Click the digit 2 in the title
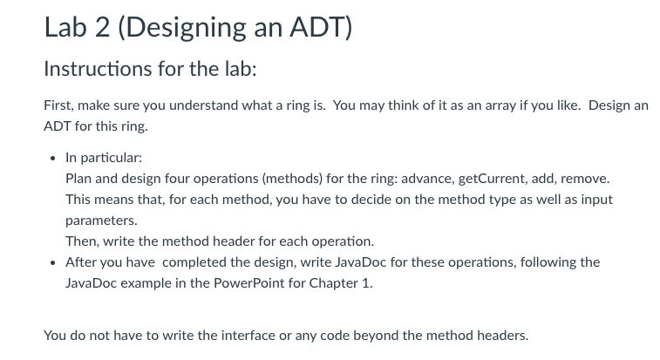[x=102, y=27]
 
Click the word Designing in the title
[x=182, y=29]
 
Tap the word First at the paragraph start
[x=59, y=105]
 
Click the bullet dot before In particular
[x=52, y=159]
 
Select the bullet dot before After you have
[x=52, y=263]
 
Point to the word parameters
[x=101, y=221]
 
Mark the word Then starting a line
[x=82, y=241]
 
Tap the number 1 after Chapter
[x=367, y=283]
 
